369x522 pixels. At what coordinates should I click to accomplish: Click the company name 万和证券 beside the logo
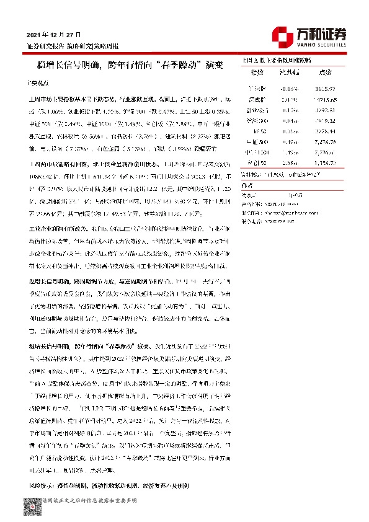pos(322,32)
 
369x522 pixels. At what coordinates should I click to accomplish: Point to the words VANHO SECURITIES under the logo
pos(322,45)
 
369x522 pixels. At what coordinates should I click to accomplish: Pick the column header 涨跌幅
pos(290,73)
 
